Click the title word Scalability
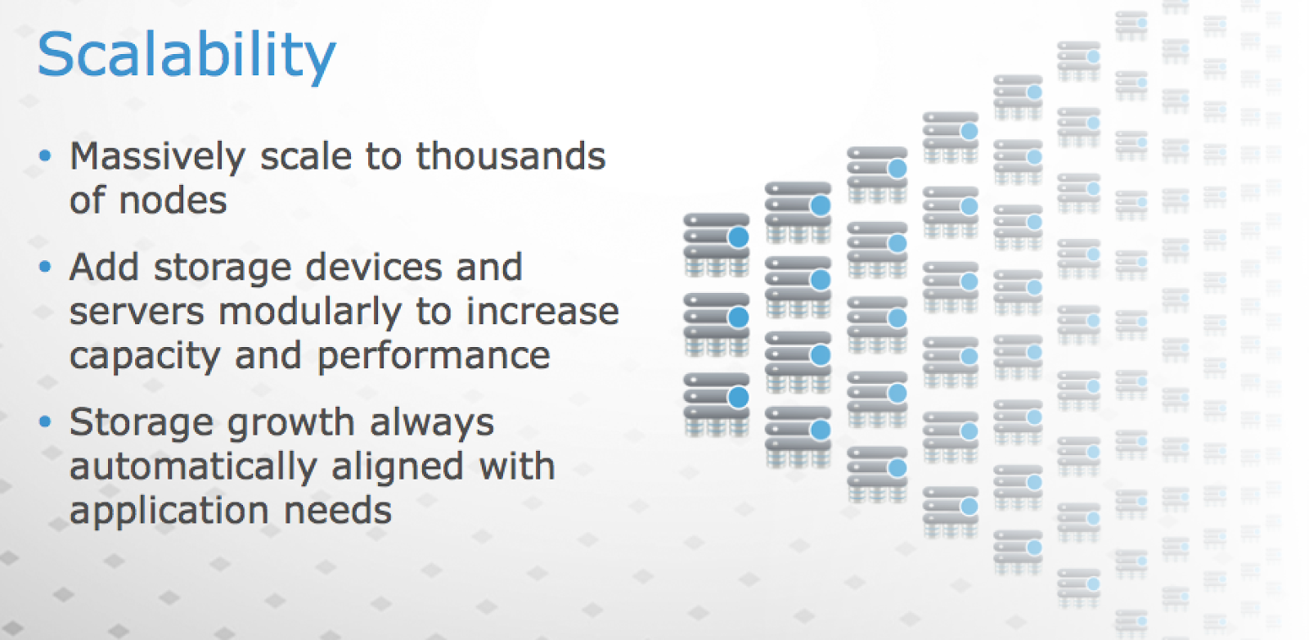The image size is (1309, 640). click(187, 56)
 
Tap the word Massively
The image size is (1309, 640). click(158, 157)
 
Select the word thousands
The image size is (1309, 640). click(511, 156)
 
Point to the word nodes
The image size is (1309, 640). click(173, 201)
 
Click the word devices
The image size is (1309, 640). click(374, 267)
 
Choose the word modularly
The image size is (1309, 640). click(310, 313)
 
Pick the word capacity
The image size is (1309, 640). click(145, 357)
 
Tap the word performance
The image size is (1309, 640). click(434, 357)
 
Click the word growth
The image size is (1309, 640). click(291, 423)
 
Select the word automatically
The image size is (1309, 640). click(193, 466)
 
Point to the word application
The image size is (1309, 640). click(169, 511)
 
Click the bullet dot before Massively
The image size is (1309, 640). click(45, 156)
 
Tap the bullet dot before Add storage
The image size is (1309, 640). click(45, 267)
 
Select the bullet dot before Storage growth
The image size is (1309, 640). click(45, 421)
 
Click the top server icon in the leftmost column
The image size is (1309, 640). click(717, 245)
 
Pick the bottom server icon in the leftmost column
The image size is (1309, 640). click(717, 405)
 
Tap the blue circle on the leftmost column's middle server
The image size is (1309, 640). click(739, 318)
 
